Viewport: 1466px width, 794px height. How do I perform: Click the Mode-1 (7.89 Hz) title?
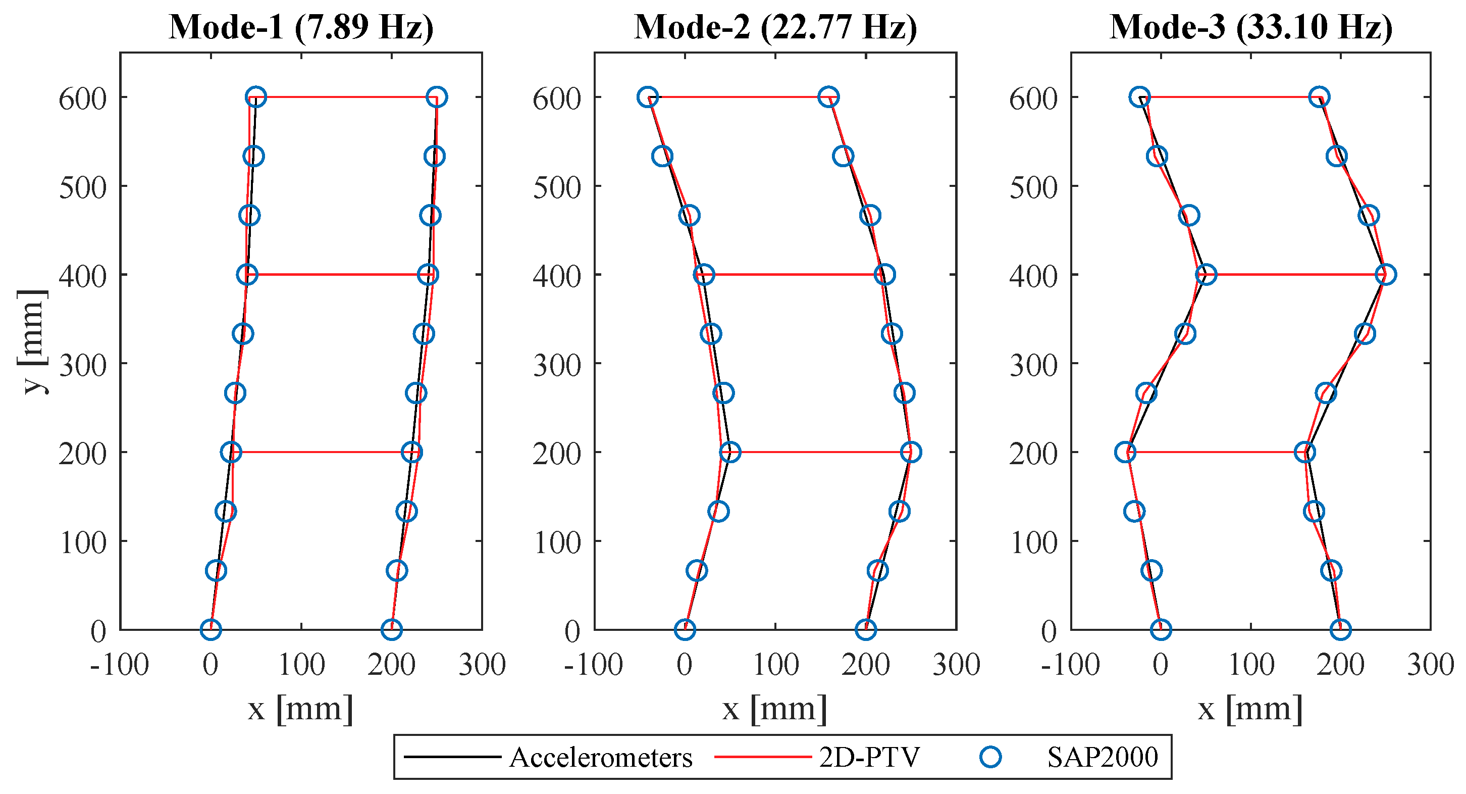[301, 26]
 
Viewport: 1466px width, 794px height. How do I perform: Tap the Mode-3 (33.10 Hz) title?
[1251, 26]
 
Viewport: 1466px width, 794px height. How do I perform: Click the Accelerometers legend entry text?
[600, 758]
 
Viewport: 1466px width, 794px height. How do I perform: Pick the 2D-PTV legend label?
[869, 758]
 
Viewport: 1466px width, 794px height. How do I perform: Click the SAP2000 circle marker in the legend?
[991, 757]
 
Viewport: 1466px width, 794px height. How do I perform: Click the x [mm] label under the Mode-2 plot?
[775, 709]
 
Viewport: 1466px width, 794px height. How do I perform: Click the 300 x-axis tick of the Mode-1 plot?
[482, 664]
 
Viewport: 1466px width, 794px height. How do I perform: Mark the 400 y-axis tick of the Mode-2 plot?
[557, 276]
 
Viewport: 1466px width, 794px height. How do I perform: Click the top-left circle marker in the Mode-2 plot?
[648, 97]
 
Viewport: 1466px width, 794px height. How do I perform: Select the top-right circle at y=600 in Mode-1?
[437, 97]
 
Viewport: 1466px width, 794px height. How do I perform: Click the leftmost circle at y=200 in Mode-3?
[1125, 452]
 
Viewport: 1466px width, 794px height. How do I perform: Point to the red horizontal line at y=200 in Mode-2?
[819, 452]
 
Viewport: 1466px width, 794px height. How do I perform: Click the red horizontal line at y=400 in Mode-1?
[339, 275]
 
